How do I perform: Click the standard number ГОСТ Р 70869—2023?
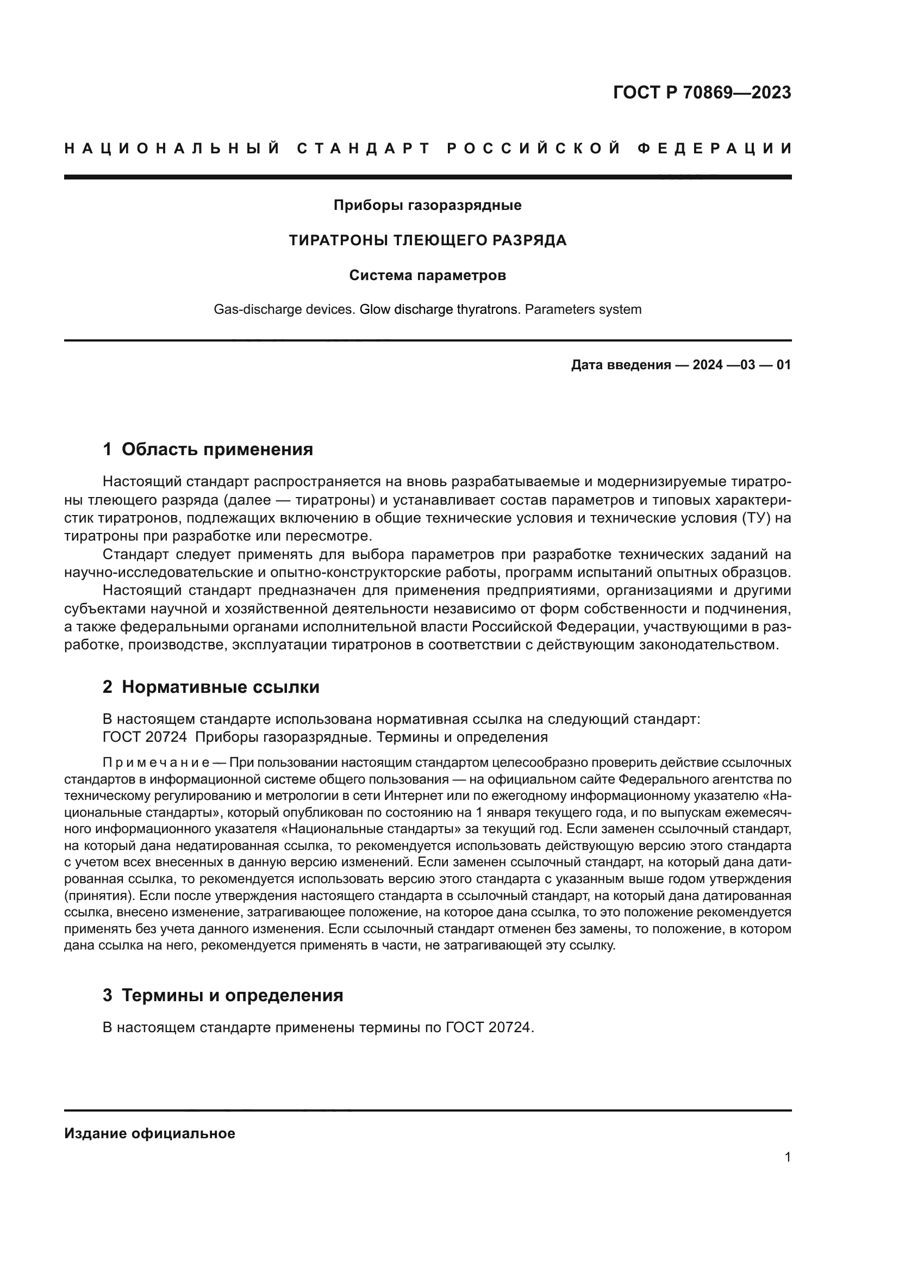coord(701,92)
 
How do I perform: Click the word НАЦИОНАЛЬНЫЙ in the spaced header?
coord(172,148)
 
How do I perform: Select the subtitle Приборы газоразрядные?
coord(427,206)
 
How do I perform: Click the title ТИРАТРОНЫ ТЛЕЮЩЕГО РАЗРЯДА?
coord(427,240)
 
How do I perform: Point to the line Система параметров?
coord(427,275)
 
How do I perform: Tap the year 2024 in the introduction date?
coord(707,365)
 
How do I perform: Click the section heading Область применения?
coord(217,449)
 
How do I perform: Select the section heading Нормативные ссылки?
coord(220,687)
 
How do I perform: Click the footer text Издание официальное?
coord(149,1133)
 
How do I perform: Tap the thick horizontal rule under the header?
coord(427,177)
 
